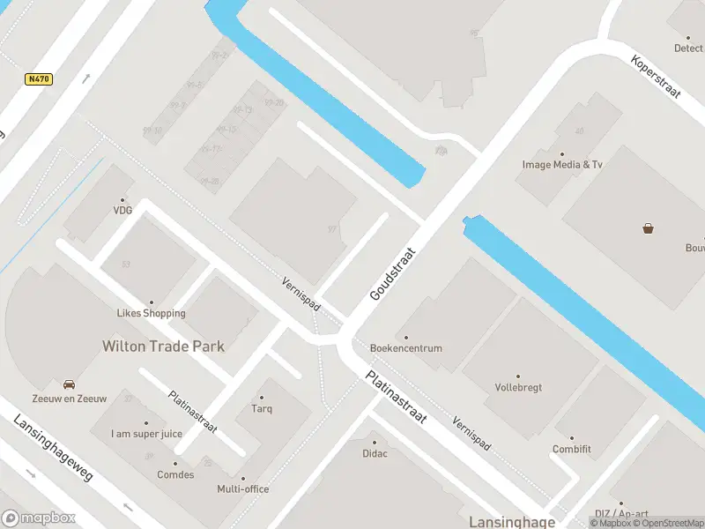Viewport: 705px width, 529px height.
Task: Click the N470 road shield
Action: [39, 79]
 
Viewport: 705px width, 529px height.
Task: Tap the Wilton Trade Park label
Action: [163, 346]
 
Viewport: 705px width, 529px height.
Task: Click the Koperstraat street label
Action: [657, 78]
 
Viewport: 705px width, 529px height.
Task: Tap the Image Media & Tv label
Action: [562, 165]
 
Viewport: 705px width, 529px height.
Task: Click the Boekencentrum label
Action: [406, 348]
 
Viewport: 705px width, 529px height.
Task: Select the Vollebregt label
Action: [518, 387]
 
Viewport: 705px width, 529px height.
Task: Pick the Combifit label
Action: [572, 449]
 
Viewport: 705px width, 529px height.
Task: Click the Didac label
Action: [375, 453]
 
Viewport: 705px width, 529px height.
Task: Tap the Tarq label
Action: [262, 408]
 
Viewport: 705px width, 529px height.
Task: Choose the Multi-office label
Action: [243, 489]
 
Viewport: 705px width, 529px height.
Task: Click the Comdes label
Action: [176, 474]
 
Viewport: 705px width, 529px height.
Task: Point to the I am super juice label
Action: [146, 434]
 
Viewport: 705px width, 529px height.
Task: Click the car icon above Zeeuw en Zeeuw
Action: [69, 384]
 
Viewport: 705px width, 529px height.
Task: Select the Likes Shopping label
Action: [152, 313]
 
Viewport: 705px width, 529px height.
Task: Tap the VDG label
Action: [122, 211]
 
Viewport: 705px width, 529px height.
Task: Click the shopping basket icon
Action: [649, 229]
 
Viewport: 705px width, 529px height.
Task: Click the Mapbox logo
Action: [38, 518]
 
